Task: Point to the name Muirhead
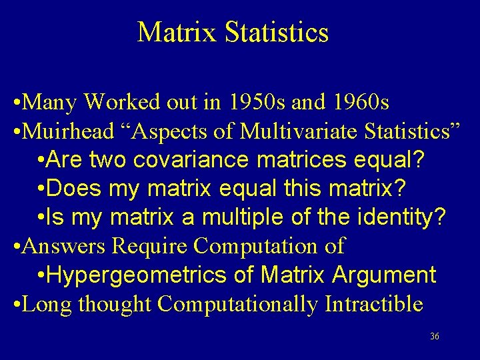point(69,131)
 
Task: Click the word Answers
point(64,246)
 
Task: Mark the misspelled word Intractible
point(374,304)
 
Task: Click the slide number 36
point(435,337)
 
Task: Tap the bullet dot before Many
point(16,103)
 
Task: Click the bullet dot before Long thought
point(16,305)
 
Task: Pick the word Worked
point(123,103)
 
